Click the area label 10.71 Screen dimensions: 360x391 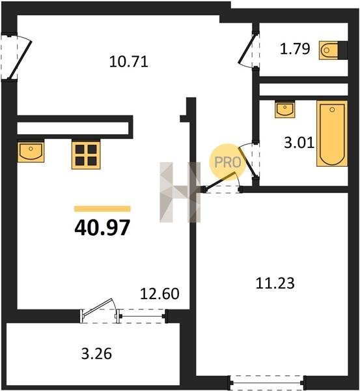point(128,62)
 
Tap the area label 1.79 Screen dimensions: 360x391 point(295,49)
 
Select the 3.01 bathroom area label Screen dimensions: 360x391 point(299,143)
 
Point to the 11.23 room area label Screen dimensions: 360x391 point(275,283)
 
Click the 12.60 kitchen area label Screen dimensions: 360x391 point(159,293)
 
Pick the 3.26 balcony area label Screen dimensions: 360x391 point(96,354)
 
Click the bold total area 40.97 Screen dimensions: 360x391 point(102,227)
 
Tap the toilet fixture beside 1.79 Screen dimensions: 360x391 point(333,50)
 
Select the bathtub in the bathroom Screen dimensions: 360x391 point(332,134)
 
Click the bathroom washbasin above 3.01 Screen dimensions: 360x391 point(285,109)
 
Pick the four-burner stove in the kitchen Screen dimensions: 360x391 point(86,155)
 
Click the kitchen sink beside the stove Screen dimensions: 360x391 point(31,152)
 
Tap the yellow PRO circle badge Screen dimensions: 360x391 point(228,162)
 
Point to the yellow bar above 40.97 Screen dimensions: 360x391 point(102,209)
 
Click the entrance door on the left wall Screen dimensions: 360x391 point(16,57)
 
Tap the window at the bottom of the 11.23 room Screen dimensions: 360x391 point(268,382)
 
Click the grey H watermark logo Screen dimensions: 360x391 point(180,192)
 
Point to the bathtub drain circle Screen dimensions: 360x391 point(332,109)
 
